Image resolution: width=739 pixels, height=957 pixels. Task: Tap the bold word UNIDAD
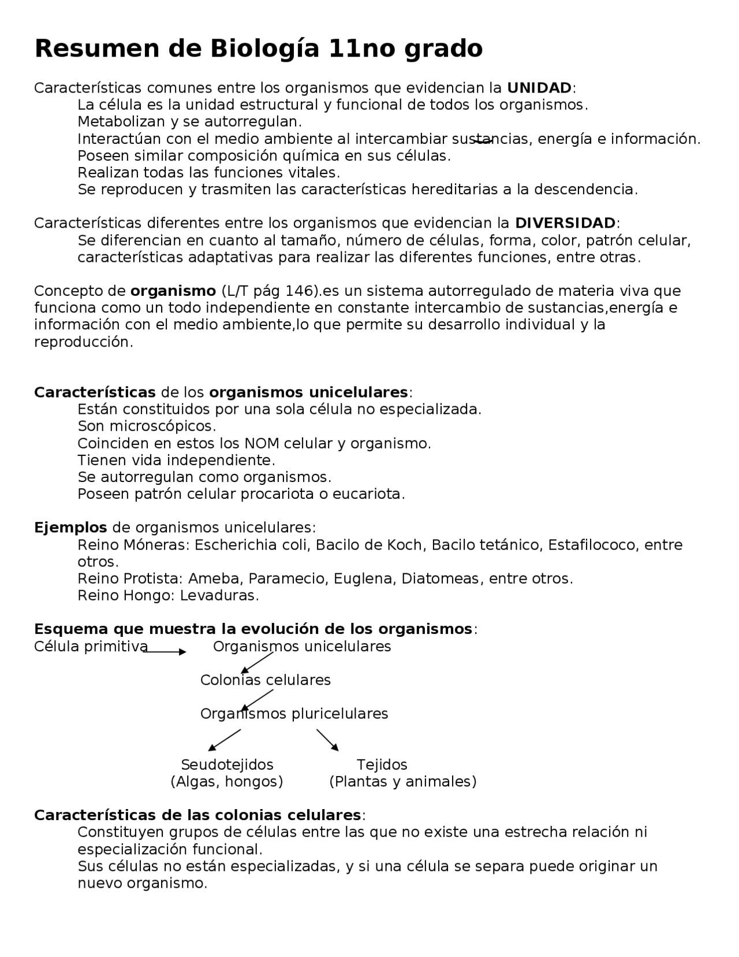[x=539, y=88]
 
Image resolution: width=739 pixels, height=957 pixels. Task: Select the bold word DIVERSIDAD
[x=565, y=223]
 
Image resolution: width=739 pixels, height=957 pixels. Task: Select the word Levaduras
[x=219, y=595]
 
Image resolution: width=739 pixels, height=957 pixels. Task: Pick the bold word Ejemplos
[x=70, y=528]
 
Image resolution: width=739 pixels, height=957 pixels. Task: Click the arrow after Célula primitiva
[x=165, y=652]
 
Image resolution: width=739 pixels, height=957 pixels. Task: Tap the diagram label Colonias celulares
[x=266, y=680]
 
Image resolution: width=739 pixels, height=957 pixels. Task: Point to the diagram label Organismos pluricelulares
[x=294, y=714]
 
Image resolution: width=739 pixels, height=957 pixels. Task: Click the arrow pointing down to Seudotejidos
[x=224, y=740]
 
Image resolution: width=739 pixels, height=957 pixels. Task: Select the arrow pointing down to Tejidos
[x=327, y=740]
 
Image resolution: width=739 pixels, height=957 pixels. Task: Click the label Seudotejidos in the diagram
[x=227, y=765]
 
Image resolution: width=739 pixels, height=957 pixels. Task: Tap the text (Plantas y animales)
[x=403, y=782]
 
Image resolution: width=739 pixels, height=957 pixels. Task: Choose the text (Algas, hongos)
[x=227, y=782]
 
